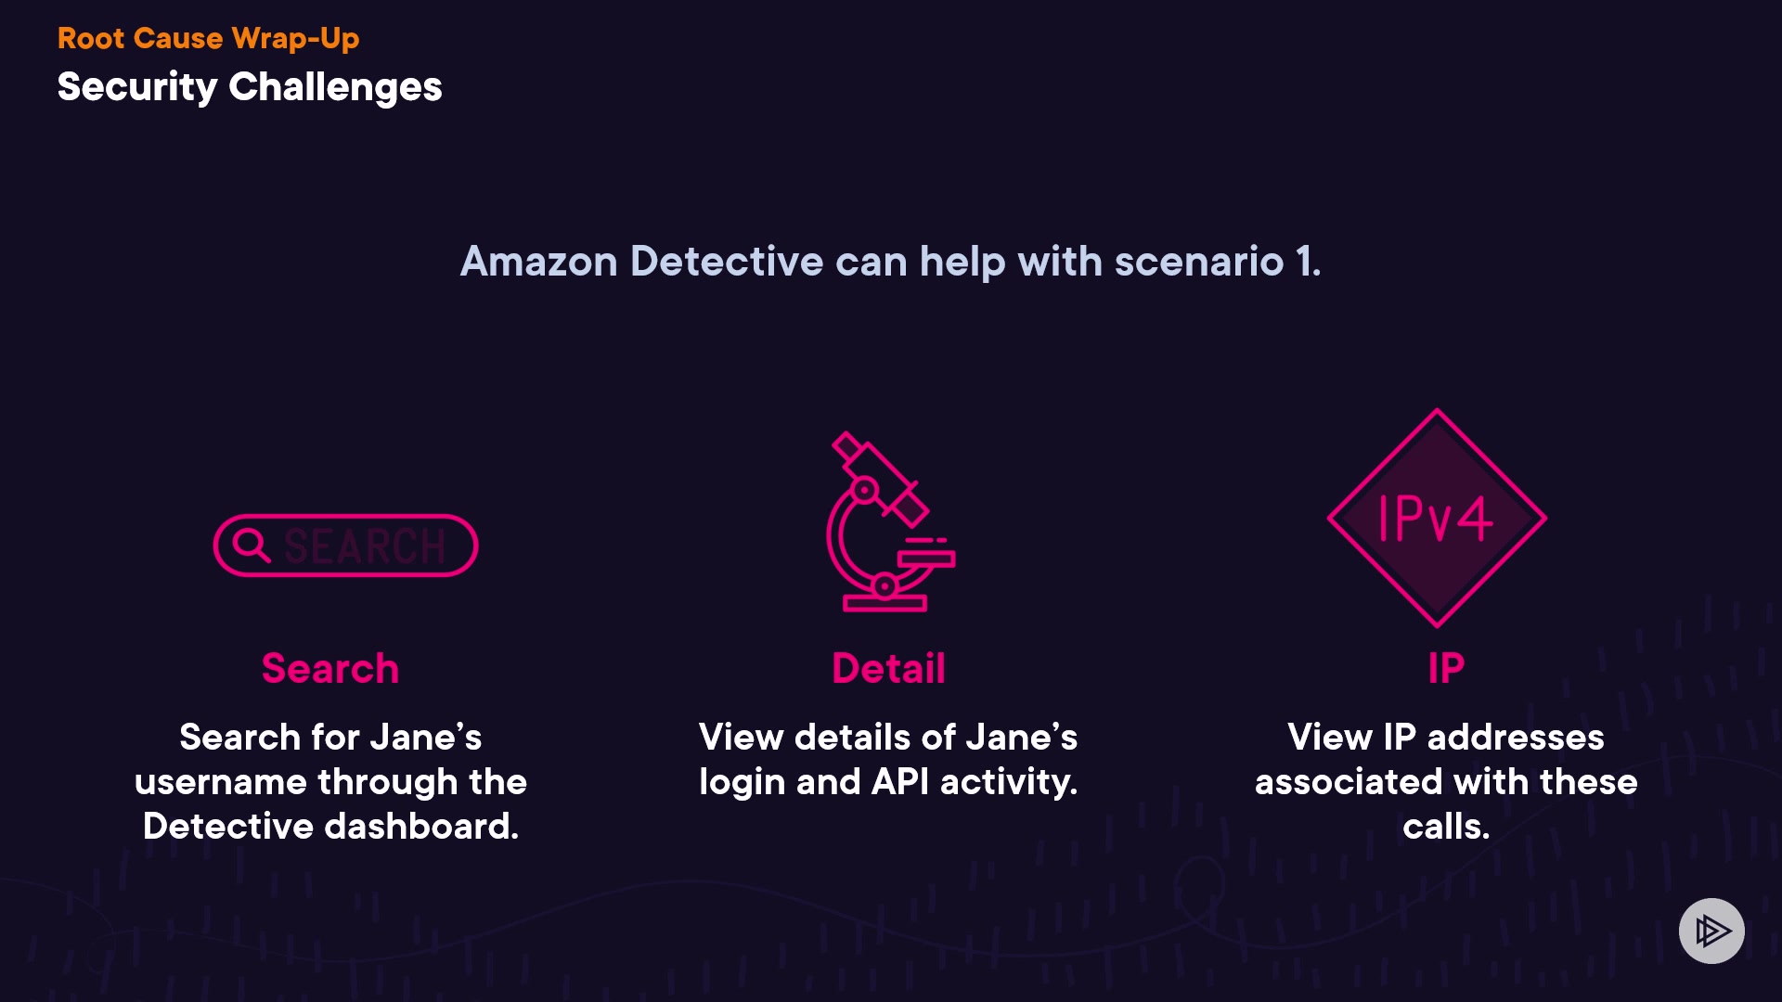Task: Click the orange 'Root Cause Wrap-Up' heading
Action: click(208, 38)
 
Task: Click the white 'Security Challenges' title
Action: click(250, 87)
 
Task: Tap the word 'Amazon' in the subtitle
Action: click(539, 262)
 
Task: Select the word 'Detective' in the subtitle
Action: click(727, 262)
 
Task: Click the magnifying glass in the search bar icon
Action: click(251, 545)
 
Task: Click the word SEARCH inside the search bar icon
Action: click(366, 546)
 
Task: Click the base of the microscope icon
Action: click(885, 604)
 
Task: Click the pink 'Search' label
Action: click(330, 668)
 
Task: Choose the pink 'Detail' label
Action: click(889, 668)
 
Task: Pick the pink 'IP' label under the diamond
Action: click(1446, 668)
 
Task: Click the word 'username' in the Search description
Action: click(220, 782)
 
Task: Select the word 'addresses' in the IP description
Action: click(1516, 738)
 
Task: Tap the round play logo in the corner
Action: click(1711, 931)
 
